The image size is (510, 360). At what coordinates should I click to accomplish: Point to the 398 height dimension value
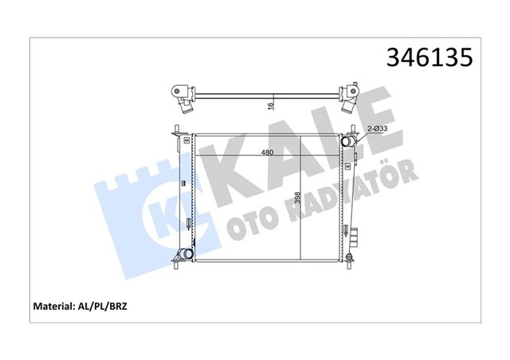tap(296, 200)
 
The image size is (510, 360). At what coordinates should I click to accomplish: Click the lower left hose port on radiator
tap(185, 255)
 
